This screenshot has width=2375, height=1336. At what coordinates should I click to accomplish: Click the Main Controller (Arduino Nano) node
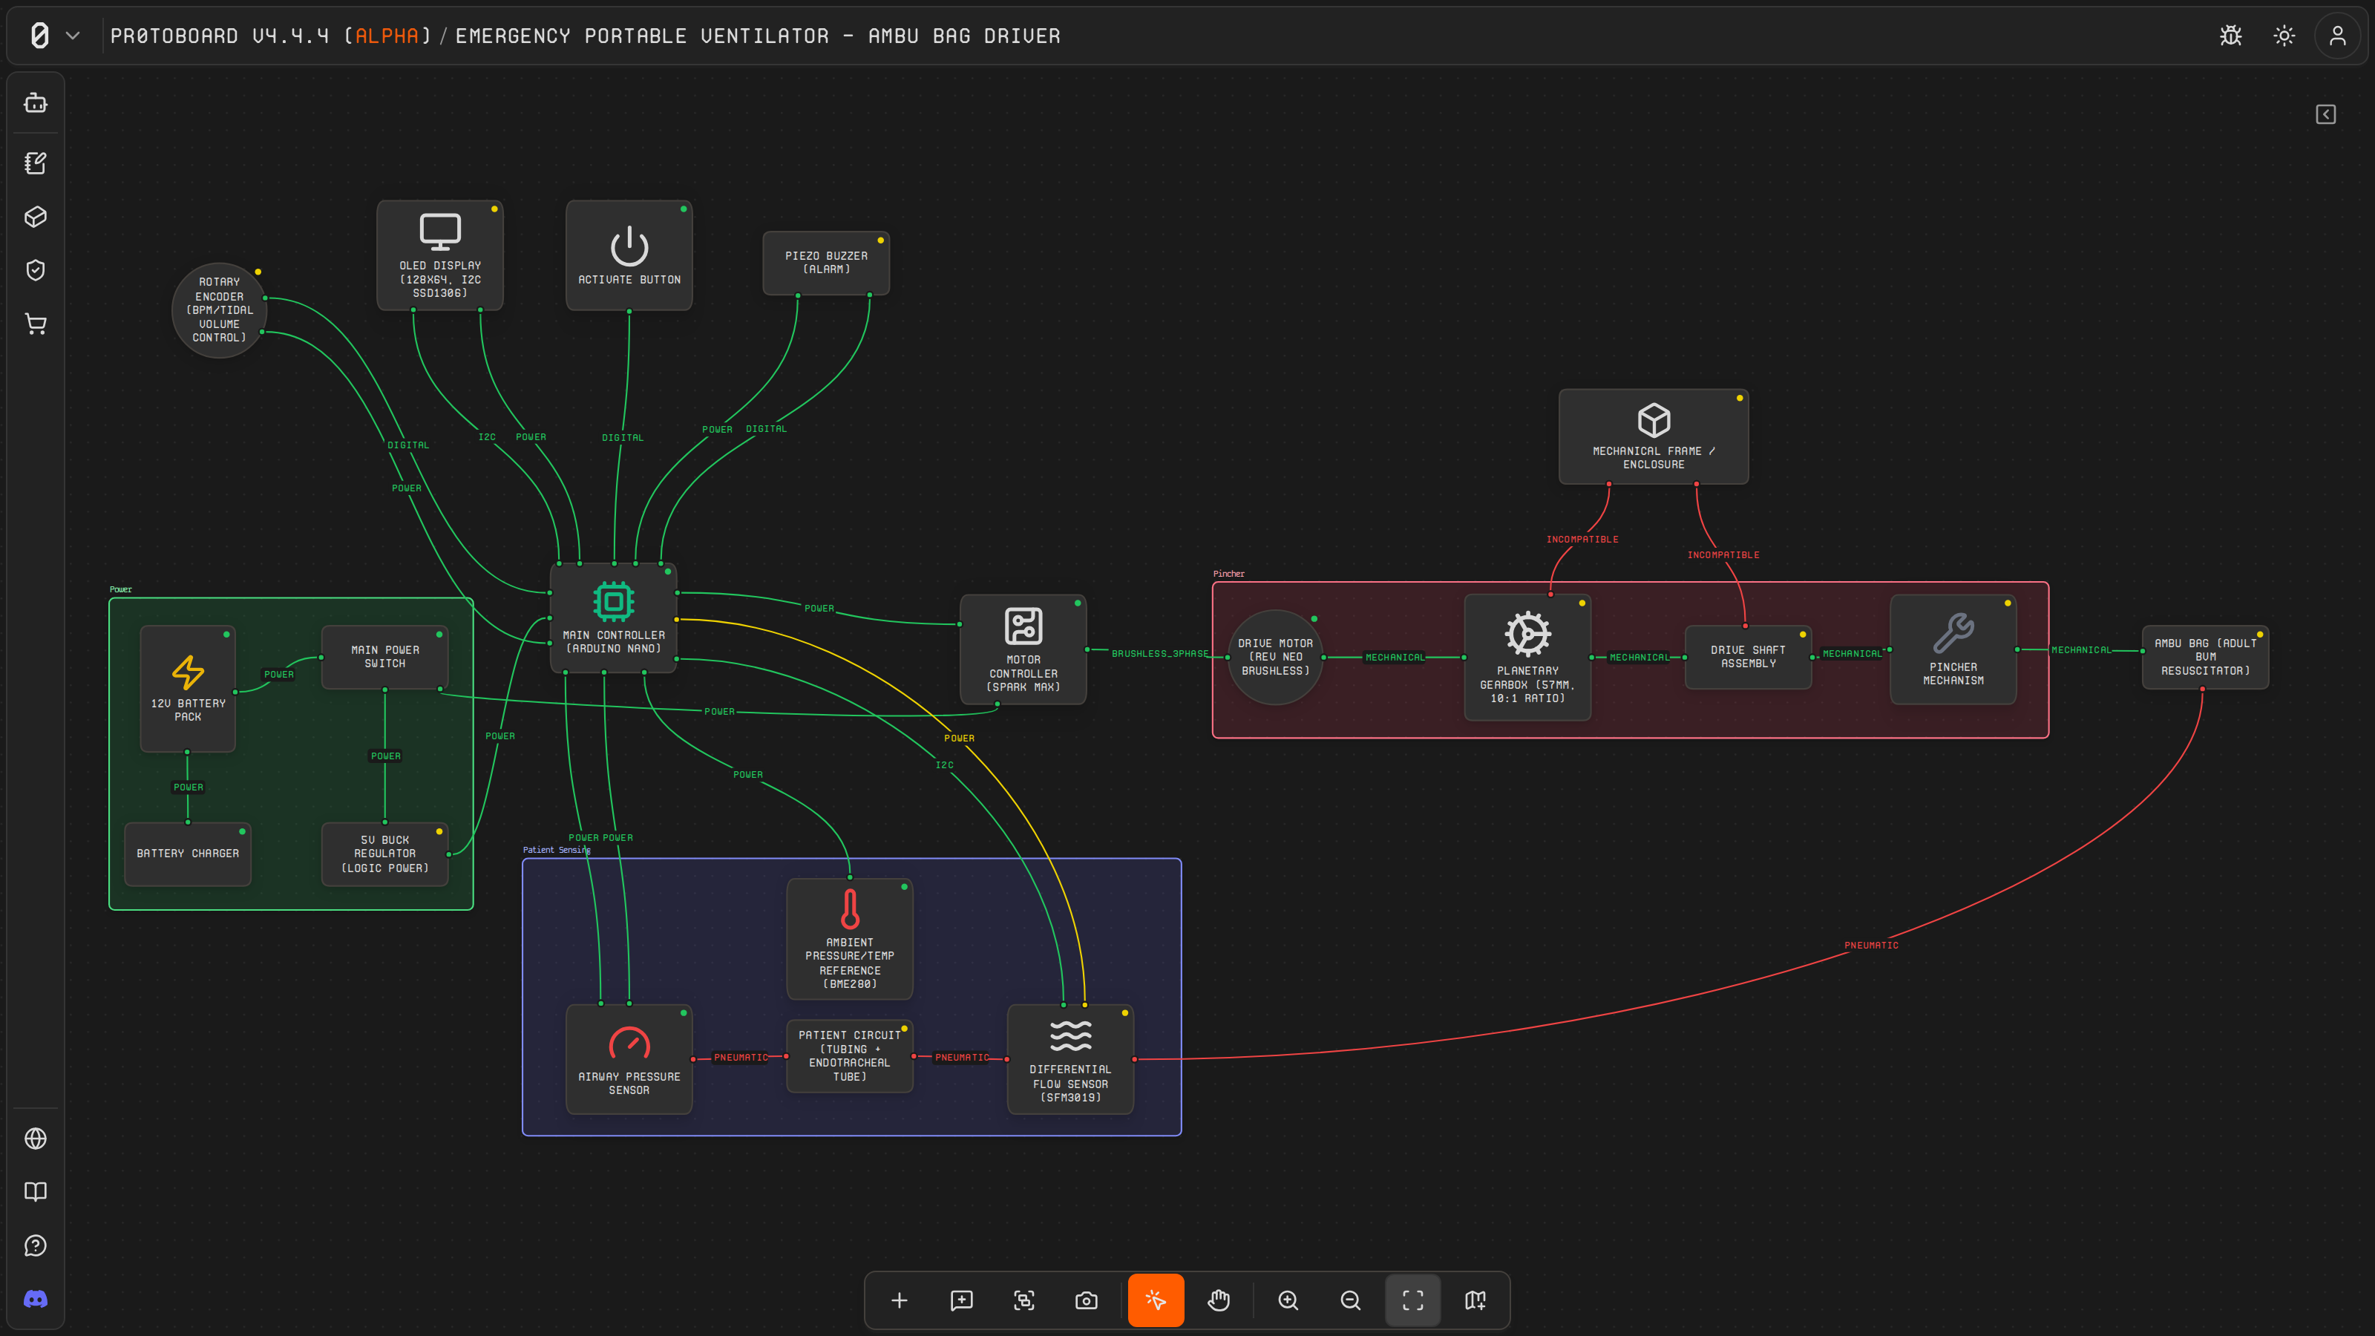[613, 618]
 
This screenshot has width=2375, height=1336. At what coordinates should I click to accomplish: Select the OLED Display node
[440, 255]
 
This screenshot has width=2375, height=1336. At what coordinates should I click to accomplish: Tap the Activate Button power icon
[629, 246]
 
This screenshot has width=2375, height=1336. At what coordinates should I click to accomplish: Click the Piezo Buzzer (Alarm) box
[826, 263]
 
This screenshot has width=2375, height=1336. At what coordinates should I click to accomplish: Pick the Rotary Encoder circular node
[220, 310]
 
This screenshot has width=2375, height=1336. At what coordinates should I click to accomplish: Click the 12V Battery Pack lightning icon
[188, 672]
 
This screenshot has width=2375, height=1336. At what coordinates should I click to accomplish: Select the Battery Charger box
[188, 854]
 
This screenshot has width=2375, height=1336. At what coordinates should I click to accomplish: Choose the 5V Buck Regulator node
[384, 854]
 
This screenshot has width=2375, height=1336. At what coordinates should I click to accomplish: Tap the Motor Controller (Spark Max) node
[1023, 650]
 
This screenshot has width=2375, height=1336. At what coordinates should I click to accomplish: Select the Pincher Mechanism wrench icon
[1953, 633]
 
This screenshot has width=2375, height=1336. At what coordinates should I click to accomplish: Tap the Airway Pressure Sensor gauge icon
[629, 1043]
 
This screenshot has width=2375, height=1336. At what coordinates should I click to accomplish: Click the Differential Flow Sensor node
[1070, 1059]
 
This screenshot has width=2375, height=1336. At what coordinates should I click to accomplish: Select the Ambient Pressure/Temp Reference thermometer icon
[850, 908]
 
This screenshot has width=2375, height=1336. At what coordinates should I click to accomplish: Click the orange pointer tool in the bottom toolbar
[1156, 1300]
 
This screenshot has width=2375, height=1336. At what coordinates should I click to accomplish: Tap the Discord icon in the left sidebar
[36, 1299]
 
